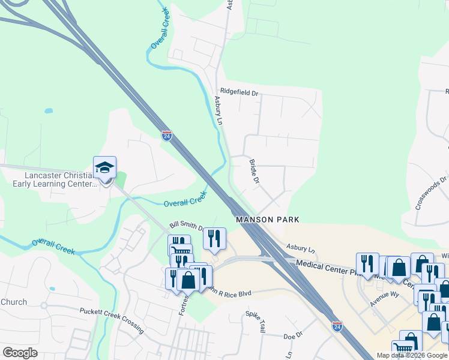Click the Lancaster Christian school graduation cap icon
tap(104, 168)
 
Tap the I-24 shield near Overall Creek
tap(167, 136)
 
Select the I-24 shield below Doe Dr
tap(337, 326)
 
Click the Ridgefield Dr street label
tap(239, 93)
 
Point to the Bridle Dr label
tap(254, 172)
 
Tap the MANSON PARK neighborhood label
tap(267, 220)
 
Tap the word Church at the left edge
tap(13, 302)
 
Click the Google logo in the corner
tap(20, 352)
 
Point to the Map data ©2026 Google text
tap(412, 355)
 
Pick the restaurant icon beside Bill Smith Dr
tap(214, 239)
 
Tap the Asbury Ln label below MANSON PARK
tap(301, 248)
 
